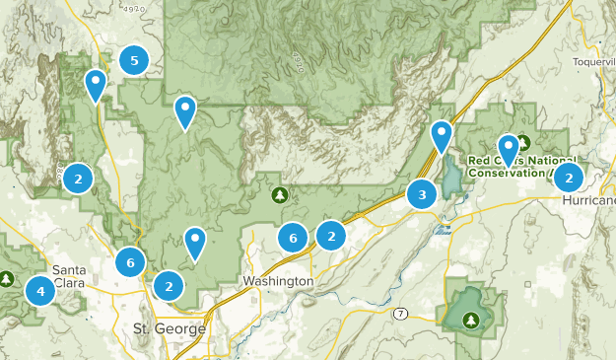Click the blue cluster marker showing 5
[x=133, y=61]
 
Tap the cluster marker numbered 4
[x=40, y=291]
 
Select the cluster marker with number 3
[x=422, y=194]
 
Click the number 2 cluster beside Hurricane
[x=568, y=178]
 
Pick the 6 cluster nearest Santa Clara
[x=130, y=263]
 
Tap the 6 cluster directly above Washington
[x=292, y=238]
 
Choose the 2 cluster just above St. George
[x=170, y=286]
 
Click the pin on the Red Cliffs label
[x=508, y=148]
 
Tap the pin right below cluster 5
[x=96, y=83]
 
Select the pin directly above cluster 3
[x=442, y=134]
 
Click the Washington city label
[x=278, y=282]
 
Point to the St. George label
[x=170, y=328]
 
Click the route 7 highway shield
[x=400, y=314]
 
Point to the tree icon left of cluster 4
[x=7, y=280]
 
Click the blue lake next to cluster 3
[x=451, y=180]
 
